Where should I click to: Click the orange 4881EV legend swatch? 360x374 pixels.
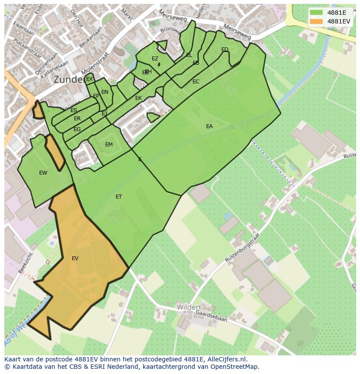[316, 21]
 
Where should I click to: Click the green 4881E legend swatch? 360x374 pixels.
[316, 13]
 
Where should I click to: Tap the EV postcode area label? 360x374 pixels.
[75, 258]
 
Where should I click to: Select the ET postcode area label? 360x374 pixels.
[119, 197]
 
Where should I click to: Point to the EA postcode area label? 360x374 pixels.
[209, 126]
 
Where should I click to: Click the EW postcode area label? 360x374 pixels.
[43, 173]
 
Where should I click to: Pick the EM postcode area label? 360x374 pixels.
[109, 145]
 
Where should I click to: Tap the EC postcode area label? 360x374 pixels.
[196, 82]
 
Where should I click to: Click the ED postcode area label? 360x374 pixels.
[224, 50]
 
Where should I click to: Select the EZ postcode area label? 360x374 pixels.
[155, 59]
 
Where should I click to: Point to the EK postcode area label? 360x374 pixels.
[138, 98]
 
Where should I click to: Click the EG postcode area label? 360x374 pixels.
[77, 129]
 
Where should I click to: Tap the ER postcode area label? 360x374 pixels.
[77, 119]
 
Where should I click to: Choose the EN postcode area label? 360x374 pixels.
[104, 92]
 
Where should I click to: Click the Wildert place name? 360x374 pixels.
[189, 307]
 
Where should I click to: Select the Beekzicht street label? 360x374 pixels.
[26, 262]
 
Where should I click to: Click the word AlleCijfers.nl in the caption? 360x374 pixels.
[227, 360]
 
